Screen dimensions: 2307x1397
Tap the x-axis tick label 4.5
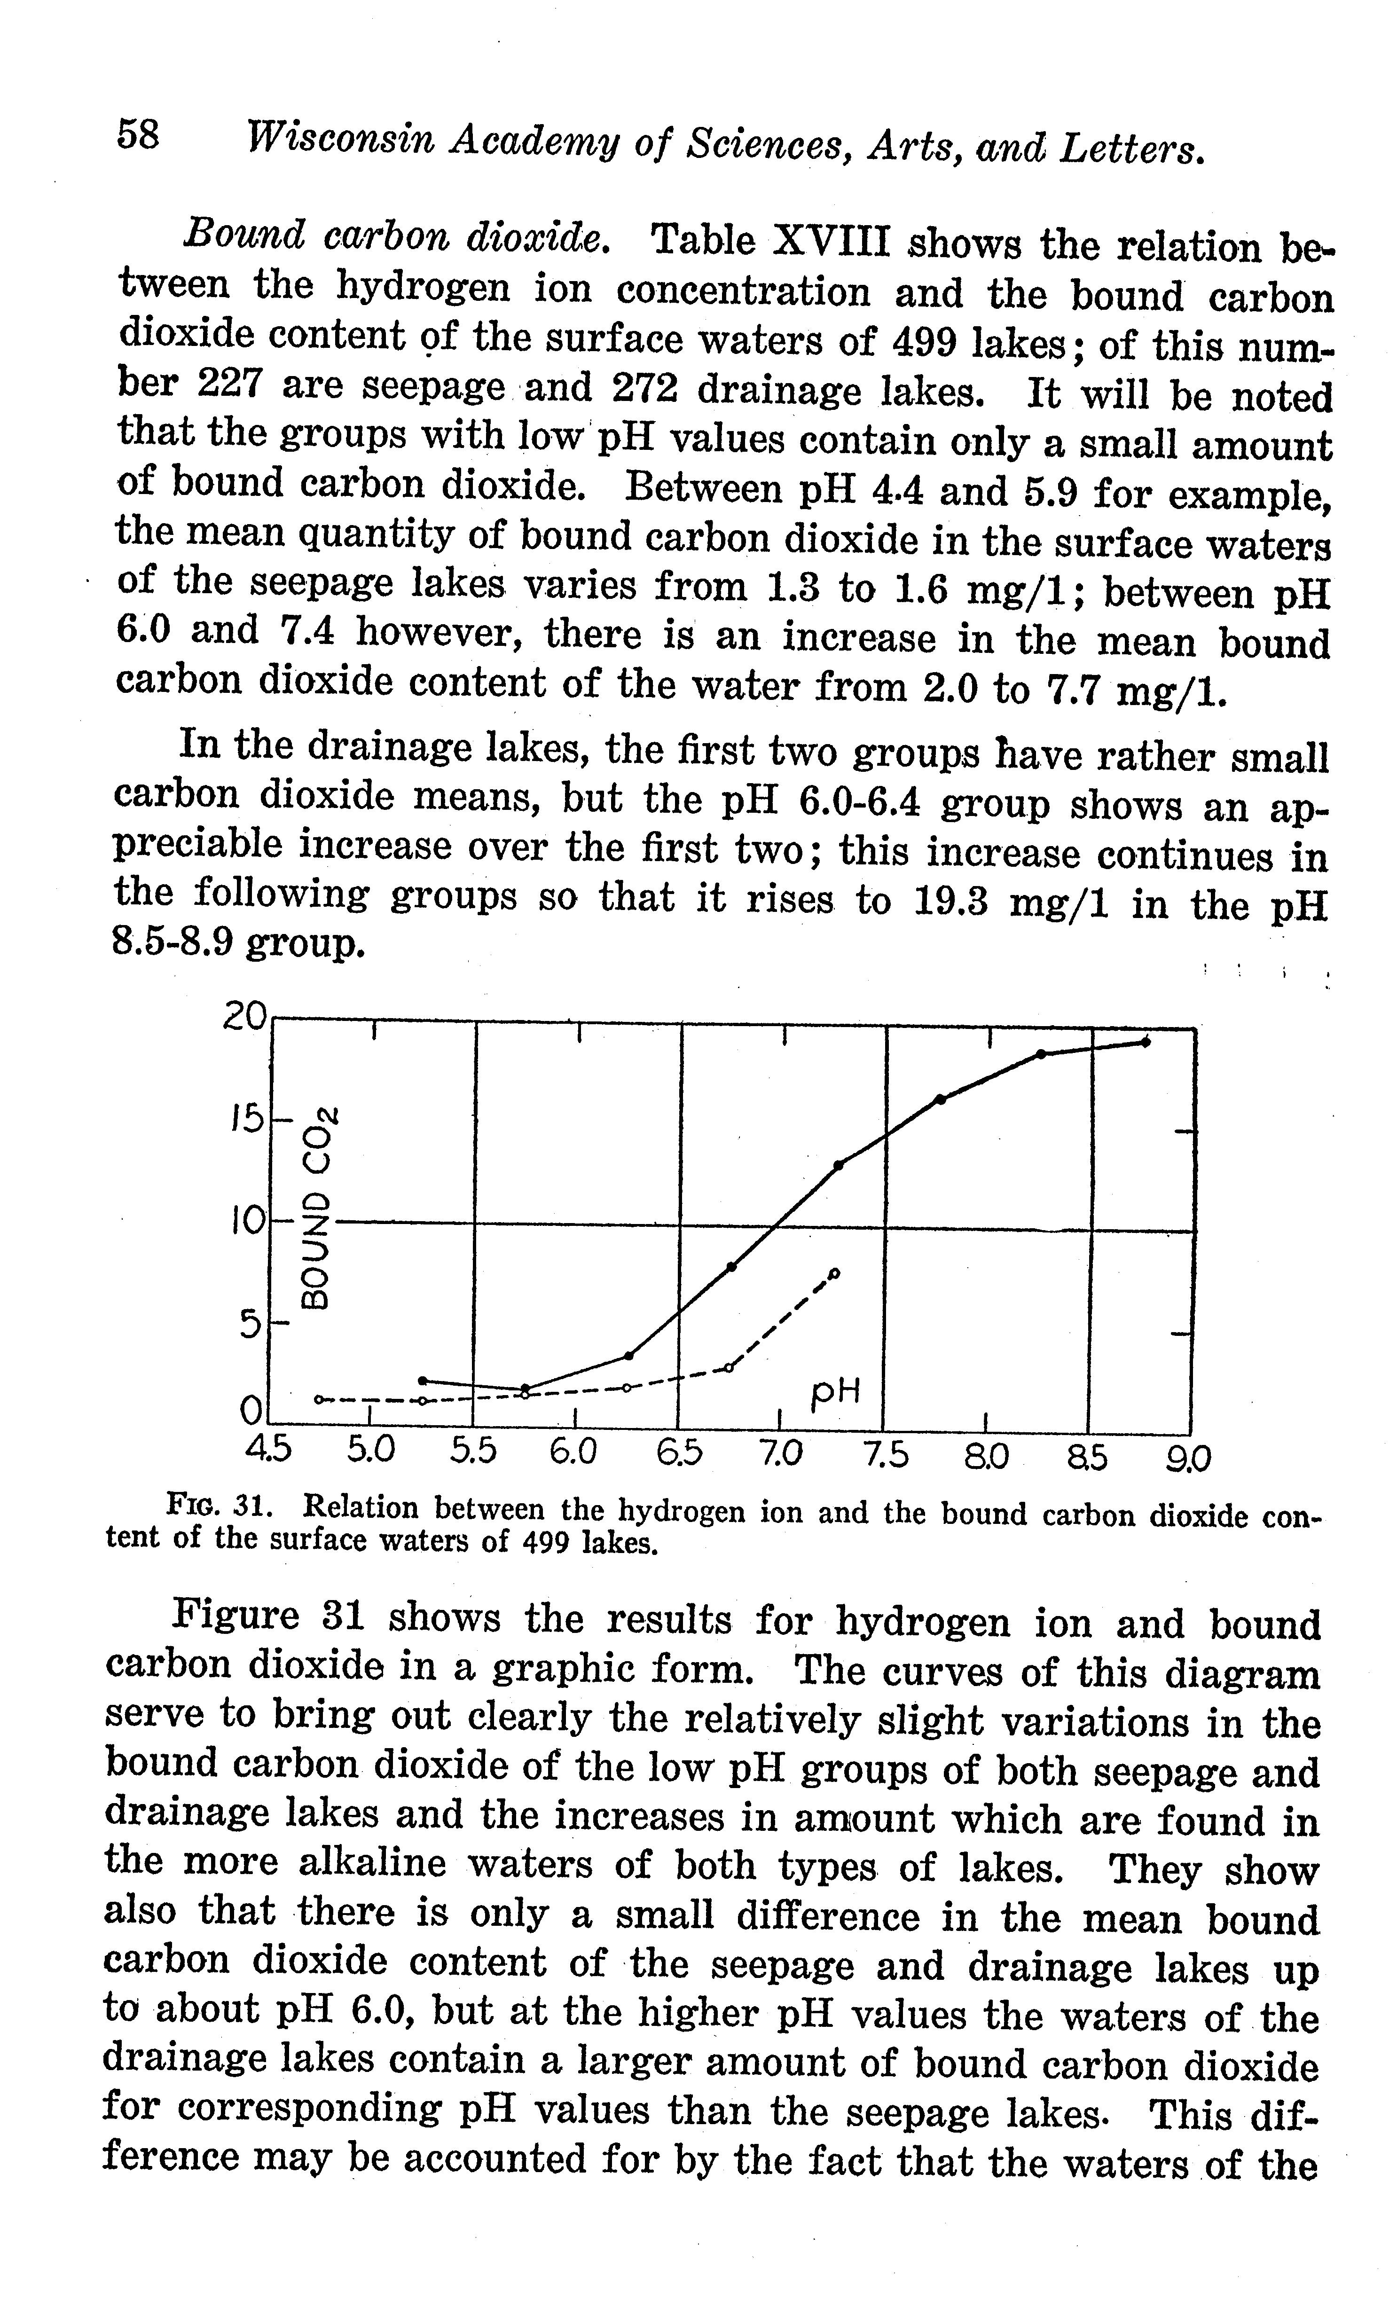268,1453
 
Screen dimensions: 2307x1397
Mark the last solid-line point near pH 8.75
1146,1042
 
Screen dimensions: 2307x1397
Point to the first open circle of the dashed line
318,1399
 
